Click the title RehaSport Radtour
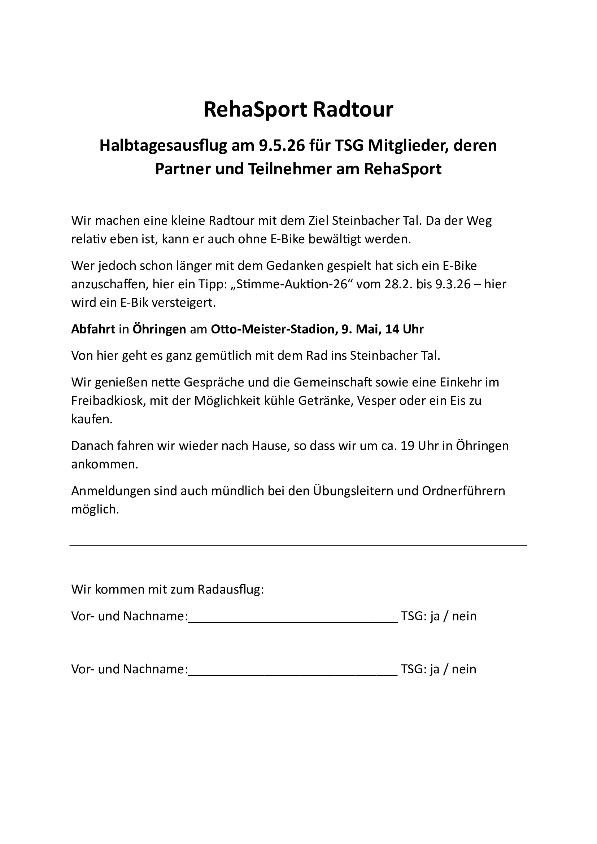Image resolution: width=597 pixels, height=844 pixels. [x=298, y=110]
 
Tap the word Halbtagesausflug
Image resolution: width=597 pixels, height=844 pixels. [x=163, y=145]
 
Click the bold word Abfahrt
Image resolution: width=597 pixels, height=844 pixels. [x=93, y=329]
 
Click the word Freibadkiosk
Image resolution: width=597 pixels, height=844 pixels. [x=106, y=400]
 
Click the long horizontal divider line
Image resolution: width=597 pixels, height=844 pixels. [x=298, y=545]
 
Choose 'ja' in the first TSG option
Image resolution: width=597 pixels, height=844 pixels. [x=435, y=616]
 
